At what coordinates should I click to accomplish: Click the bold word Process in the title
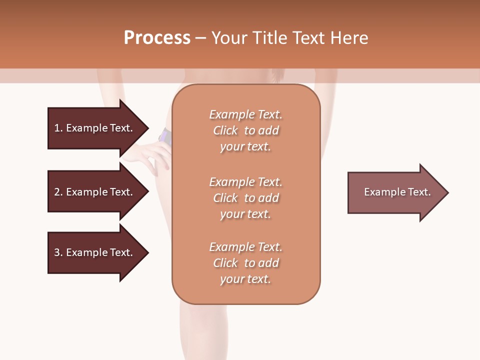[x=157, y=38]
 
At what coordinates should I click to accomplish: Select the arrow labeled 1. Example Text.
[x=95, y=128]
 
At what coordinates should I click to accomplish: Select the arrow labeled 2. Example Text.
[x=95, y=192]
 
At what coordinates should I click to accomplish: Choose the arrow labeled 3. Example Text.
[x=95, y=252]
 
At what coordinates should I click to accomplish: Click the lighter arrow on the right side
[x=395, y=192]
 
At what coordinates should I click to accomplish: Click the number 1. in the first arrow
[x=58, y=128]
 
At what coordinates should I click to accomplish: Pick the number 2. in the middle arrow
[x=58, y=192]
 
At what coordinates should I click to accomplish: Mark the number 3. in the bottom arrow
[x=58, y=252]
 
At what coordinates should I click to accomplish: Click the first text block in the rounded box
[x=246, y=130]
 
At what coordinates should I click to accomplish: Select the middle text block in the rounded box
[x=246, y=198]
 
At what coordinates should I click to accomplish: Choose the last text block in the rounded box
[x=246, y=263]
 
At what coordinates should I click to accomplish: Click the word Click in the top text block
[x=225, y=130]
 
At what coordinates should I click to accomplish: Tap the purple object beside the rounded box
[x=165, y=136]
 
